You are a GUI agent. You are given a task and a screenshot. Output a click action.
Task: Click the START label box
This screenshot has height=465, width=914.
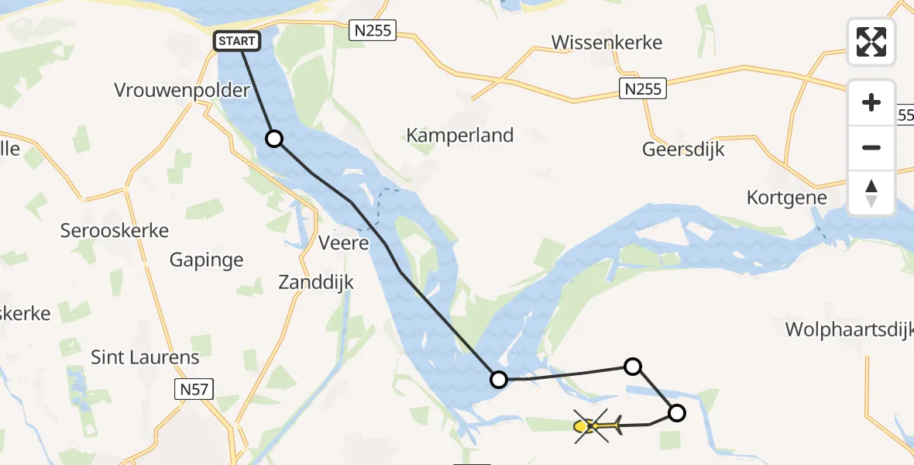tap(236, 41)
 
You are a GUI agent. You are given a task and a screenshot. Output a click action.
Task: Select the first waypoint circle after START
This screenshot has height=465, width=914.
tap(274, 139)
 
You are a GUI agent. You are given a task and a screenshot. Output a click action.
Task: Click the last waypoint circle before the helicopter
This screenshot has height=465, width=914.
tap(676, 413)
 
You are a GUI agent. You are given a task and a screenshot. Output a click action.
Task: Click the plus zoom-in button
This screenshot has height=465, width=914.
tap(871, 103)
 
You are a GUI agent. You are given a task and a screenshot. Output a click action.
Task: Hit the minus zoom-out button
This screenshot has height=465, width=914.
tap(871, 147)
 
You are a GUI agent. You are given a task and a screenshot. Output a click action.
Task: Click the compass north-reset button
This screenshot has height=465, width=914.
tap(871, 192)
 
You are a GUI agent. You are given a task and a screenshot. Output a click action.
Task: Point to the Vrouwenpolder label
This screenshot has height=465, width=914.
tap(182, 90)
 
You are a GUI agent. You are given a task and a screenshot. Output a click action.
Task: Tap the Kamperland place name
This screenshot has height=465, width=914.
tap(459, 136)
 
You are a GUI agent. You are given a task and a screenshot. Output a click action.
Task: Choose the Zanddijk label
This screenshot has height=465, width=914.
tap(316, 283)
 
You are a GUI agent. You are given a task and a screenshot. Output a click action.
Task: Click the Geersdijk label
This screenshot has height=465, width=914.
tap(683, 150)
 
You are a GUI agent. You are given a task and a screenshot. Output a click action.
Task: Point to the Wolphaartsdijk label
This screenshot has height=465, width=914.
tap(849, 329)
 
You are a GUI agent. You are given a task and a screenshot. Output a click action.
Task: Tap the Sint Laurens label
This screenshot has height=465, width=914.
tap(145, 357)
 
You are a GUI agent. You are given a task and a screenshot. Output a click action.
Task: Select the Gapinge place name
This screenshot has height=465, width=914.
tap(206, 260)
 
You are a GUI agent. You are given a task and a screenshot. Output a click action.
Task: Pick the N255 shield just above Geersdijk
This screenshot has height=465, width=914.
tap(643, 89)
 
